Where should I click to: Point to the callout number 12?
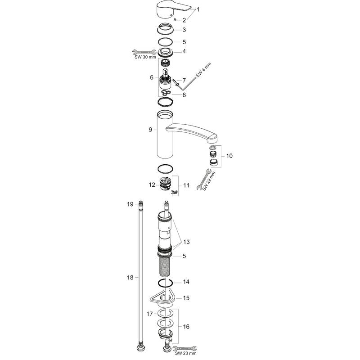(152, 184)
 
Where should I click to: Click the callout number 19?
(130, 204)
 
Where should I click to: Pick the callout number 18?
(130, 278)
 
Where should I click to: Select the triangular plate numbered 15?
(164, 298)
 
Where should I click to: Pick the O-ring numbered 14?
(166, 283)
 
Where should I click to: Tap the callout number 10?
(229, 156)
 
